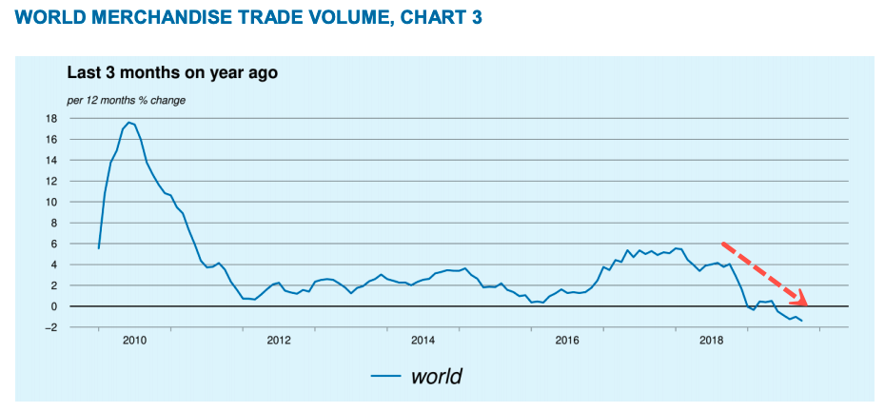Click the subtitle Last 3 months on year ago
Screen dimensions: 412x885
click(x=171, y=72)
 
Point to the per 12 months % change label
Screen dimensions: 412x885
click(x=126, y=100)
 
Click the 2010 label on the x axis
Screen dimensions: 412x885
click(x=133, y=340)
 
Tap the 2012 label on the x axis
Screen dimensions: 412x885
click(x=278, y=340)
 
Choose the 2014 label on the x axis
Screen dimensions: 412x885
click(x=423, y=340)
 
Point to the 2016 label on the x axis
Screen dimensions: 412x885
click(x=567, y=340)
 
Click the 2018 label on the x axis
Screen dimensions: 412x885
click(x=712, y=340)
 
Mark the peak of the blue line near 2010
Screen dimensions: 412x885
click(x=128, y=122)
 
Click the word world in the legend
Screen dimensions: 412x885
click(x=436, y=376)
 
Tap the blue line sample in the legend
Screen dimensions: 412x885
click(x=385, y=377)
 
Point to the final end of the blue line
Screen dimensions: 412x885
click(x=802, y=321)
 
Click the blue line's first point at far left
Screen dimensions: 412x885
click(x=98, y=248)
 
